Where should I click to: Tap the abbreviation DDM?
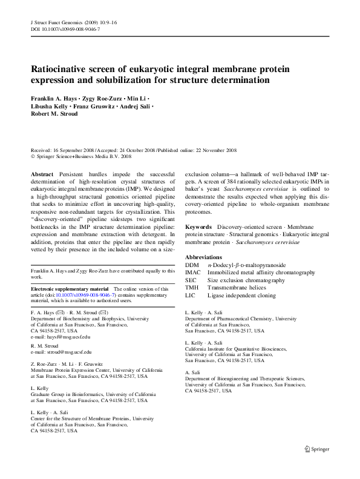point(192,265)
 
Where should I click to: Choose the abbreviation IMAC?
point(194,273)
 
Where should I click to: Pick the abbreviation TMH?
point(193,288)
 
